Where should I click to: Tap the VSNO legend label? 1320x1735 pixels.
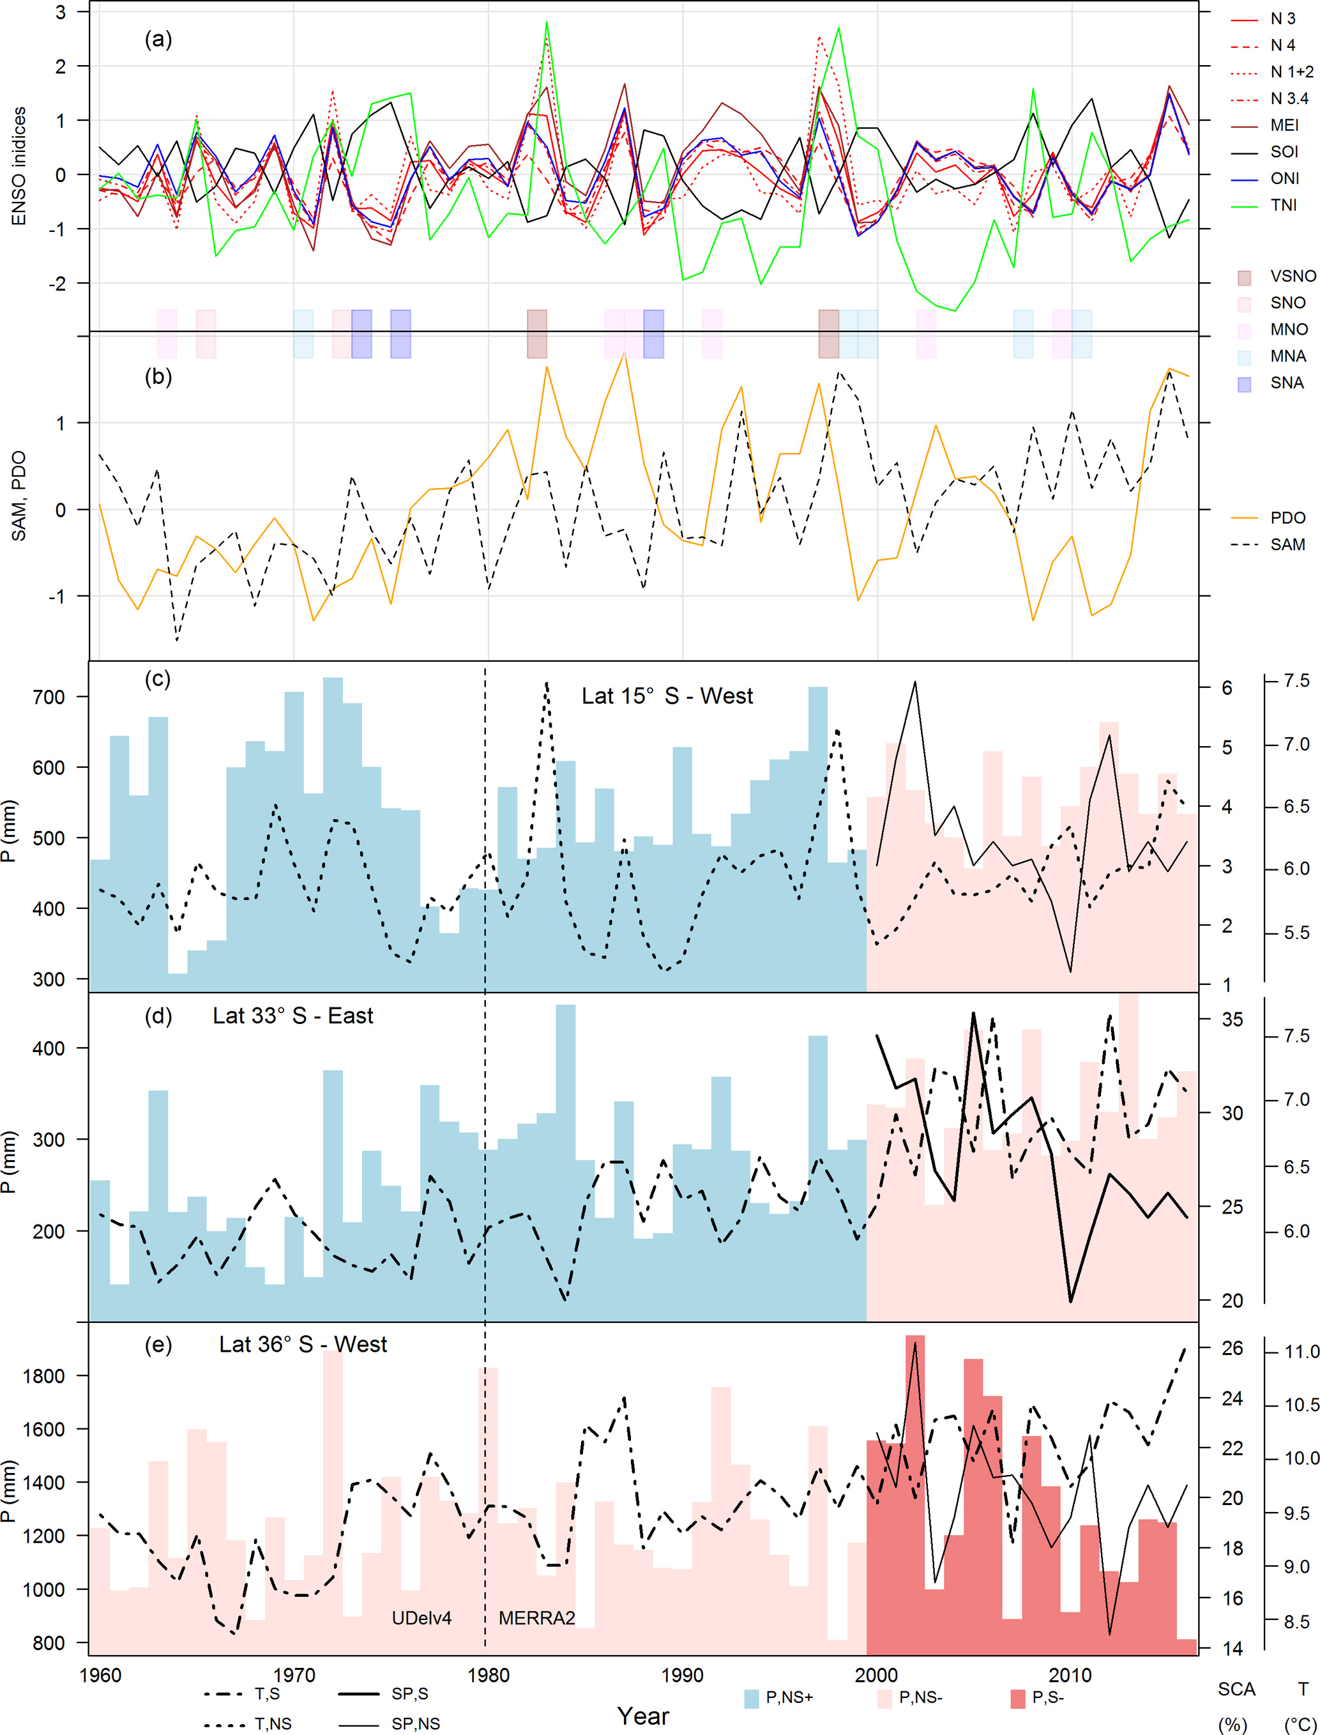coord(1293,277)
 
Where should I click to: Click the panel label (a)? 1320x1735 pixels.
coord(158,40)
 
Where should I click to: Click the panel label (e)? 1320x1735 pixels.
coord(158,1345)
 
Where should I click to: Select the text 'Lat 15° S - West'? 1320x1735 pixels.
coord(667,696)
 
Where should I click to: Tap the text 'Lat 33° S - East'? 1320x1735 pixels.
coord(292,1016)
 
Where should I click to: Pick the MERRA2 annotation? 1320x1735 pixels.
coord(536,1618)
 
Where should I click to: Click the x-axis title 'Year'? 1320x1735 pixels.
coord(642,1716)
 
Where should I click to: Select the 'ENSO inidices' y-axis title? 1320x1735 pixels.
coord(19,166)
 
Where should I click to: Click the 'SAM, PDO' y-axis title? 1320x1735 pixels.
coord(19,496)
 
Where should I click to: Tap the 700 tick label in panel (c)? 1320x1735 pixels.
coord(49,697)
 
